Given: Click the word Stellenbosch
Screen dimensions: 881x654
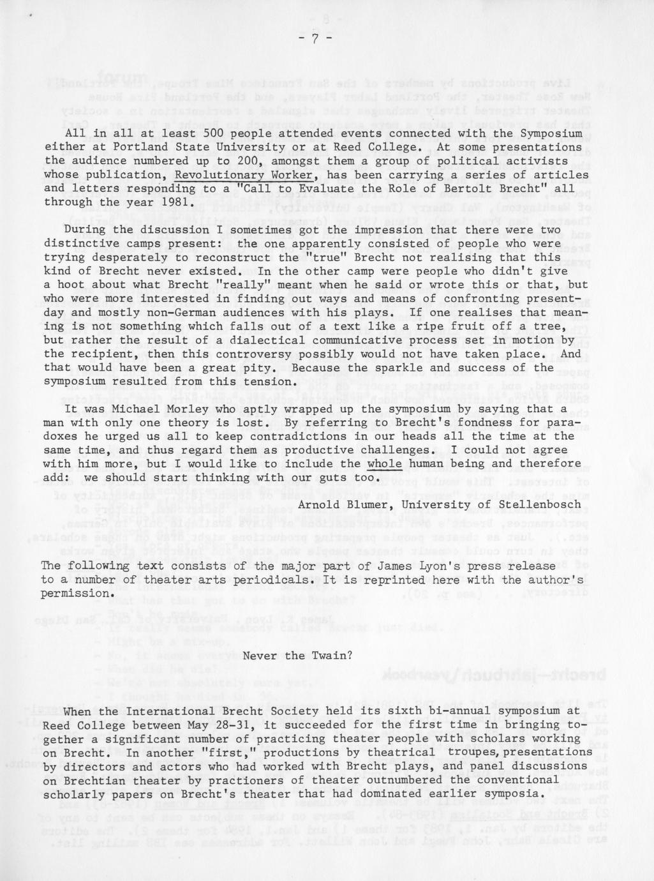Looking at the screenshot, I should coord(538,505).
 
